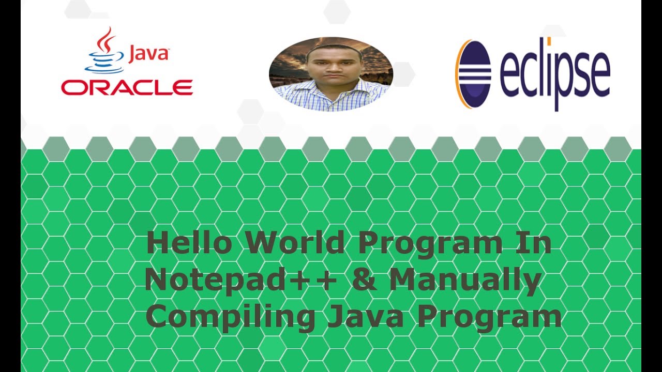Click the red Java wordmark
coord(148,55)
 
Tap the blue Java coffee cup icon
coord(105,61)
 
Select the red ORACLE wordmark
coord(127,87)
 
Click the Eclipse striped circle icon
coord(473,74)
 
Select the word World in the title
coord(295,242)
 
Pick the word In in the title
coord(533,242)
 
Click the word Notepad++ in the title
coord(240,280)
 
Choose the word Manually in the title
coord(465,281)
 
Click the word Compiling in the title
coord(230,317)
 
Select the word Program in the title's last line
coord(490,318)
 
